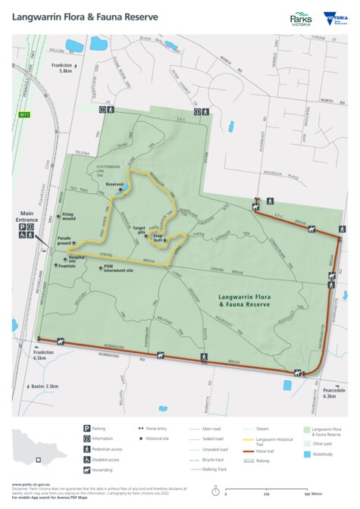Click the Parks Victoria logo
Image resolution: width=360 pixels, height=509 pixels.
301,19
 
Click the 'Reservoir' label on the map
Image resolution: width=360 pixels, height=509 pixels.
114,183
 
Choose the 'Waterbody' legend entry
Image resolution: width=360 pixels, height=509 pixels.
324,454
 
